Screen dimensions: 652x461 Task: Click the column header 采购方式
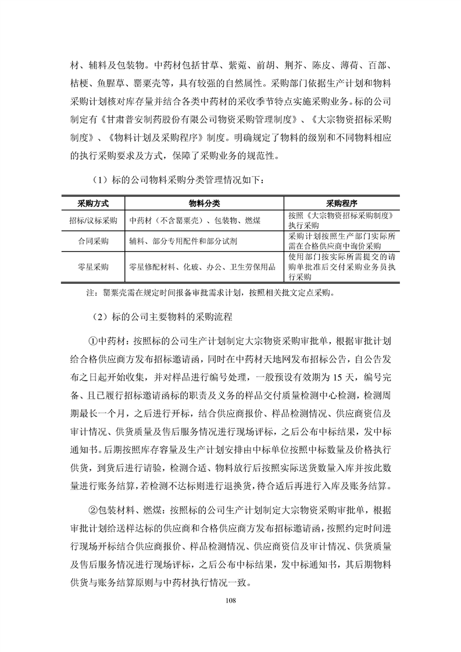click(93, 204)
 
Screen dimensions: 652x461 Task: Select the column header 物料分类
click(204, 204)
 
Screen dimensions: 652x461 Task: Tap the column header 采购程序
click(342, 204)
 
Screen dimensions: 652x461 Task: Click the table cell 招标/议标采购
click(93, 220)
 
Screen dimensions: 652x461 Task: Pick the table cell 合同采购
click(93, 241)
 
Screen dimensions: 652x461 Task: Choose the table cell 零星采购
click(93, 267)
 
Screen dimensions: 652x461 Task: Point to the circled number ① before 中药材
click(93, 340)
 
